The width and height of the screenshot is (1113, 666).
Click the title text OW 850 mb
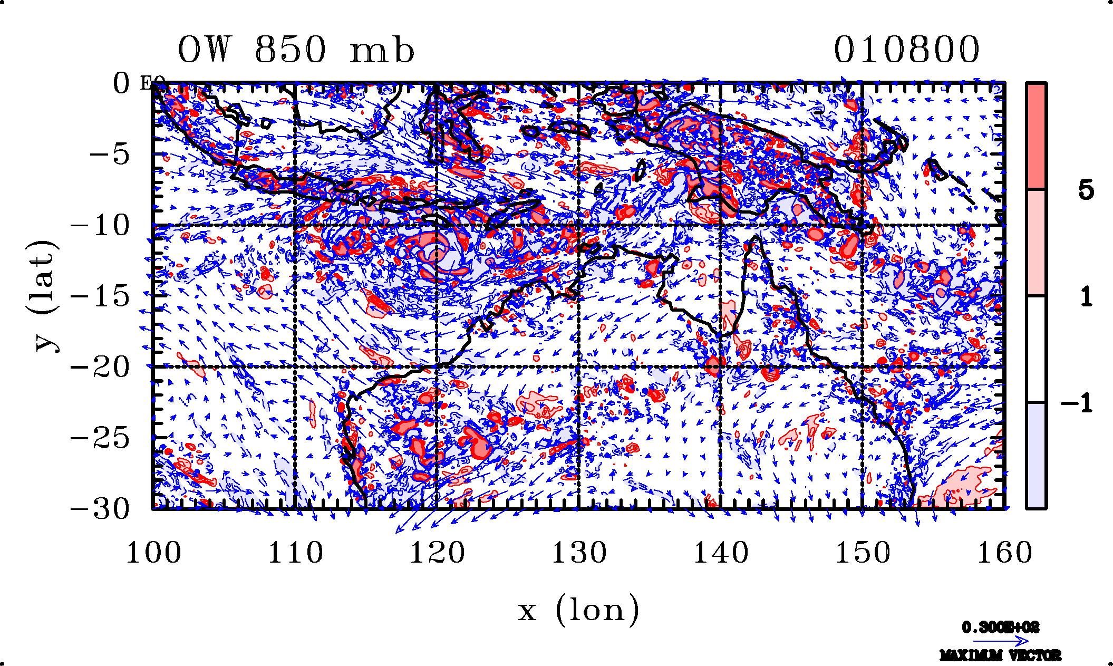pyautogui.click(x=296, y=50)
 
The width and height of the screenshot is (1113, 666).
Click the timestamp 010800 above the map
pyautogui.click(x=906, y=50)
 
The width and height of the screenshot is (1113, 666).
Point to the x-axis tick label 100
pyautogui.click(x=153, y=553)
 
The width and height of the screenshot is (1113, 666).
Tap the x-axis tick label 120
pyautogui.click(x=437, y=553)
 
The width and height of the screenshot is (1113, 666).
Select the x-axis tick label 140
pyautogui.click(x=721, y=553)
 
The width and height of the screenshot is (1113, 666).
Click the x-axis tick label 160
pyautogui.click(x=1004, y=553)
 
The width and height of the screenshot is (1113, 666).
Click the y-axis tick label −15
pyautogui.click(x=100, y=296)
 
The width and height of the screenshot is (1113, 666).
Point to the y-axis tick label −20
pyautogui.click(x=100, y=367)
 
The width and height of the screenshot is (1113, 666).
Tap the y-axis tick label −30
pyautogui.click(x=100, y=509)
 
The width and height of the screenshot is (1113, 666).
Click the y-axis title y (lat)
pyautogui.click(x=43, y=295)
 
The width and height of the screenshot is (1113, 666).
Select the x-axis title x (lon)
pyautogui.click(x=578, y=611)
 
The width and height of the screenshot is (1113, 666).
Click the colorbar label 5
pyautogui.click(x=1086, y=190)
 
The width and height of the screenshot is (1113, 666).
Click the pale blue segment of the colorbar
pyautogui.click(x=1036, y=456)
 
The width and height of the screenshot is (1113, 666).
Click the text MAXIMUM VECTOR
pyautogui.click(x=1000, y=656)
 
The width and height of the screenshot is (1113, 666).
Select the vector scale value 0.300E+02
pyautogui.click(x=1000, y=628)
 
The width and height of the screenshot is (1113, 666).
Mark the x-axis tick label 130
pyautogui.click(x=579, y=553)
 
